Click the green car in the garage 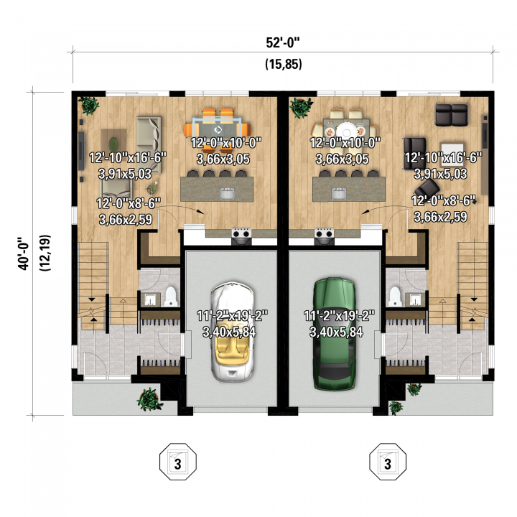335,335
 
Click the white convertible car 233,331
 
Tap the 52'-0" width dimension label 283,43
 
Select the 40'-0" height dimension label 24,253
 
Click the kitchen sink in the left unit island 227,194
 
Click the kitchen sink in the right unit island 339,194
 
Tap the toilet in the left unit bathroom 171,296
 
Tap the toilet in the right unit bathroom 395,296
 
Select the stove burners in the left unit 241,234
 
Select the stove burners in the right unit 324,234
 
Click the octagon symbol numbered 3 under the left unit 178,462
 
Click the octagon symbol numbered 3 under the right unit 388,462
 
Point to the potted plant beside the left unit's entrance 149,399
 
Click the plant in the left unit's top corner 88,105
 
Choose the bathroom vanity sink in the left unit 150,299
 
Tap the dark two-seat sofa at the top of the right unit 452,114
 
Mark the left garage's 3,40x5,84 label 229,332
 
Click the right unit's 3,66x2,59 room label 440,217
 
